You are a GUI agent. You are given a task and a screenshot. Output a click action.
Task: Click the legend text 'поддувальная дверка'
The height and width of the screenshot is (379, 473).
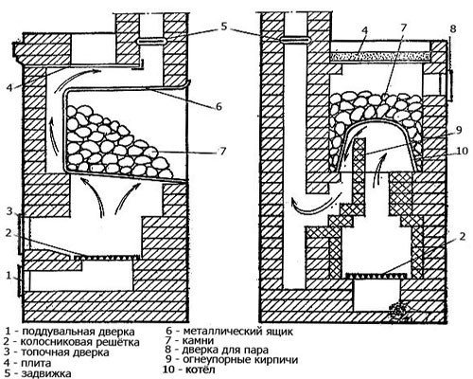[x=79, y=332]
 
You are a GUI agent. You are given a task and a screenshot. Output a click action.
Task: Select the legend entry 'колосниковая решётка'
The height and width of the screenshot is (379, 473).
[x=79, y=342]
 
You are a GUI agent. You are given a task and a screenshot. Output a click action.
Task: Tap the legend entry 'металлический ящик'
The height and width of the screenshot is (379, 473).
[x=238, y=332]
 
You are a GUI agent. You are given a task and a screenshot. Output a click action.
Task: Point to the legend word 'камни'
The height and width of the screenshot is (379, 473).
[x=199, y=340]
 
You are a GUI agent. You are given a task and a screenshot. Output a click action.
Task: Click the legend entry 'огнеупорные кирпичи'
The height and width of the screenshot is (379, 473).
[x=240, y=360]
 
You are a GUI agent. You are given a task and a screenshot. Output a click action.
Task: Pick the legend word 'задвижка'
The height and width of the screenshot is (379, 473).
[x=46, y=373]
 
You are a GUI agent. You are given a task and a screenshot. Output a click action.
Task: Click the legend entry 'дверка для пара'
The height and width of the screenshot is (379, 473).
[x=225, y=350]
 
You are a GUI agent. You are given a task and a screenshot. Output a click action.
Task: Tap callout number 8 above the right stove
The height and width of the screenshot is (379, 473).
[x=453, y=29]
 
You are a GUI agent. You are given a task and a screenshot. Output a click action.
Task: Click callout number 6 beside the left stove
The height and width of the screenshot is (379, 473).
[x=219, y=106]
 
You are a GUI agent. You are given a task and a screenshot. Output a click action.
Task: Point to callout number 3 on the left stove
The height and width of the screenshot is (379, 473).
[x=9, y=210]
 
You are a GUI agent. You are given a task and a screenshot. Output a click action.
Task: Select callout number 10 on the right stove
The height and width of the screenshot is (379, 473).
[x=463, y=151]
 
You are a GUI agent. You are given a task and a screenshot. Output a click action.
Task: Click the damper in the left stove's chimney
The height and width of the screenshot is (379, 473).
[x=150, y=41]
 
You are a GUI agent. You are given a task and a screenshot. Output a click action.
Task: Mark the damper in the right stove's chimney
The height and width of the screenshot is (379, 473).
[x=294, y=40]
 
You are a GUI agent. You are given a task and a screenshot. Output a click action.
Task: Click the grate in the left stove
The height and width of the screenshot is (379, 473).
[x=107, y=257]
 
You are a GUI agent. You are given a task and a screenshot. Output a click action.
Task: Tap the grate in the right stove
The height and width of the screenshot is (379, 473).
[x=377, y=276]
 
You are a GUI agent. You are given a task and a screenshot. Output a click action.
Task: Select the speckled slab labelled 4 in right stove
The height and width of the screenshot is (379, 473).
[x=380, y=56]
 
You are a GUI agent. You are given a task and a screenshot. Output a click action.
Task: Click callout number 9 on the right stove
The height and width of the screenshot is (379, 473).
[x=459, y=130]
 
